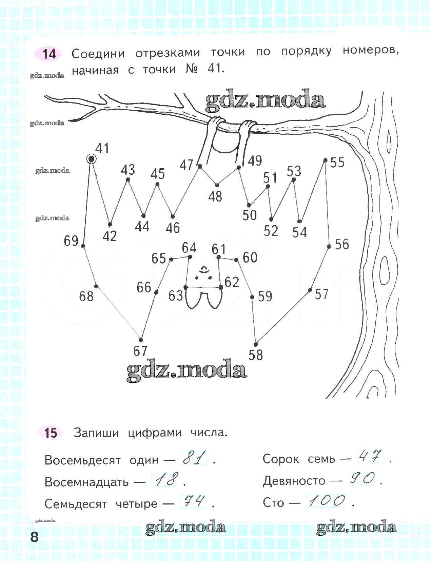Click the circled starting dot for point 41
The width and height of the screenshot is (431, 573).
click(x=91, y=159)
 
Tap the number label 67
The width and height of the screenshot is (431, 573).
click(x=140, y=351)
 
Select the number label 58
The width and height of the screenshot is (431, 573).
click(x=256, y=355)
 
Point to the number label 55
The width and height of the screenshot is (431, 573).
click(x=337, y=163)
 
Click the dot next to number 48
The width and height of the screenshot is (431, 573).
click(x=217, y=185)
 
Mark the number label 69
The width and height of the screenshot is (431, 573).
click(x=71, y=241)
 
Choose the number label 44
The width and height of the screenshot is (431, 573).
click(x=142, y=227)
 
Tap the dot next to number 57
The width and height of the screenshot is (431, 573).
click(x=310, y=290)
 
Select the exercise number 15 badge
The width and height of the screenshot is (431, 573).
click(x=51, y=433)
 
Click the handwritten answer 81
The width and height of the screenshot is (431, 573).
click(x=195, y=459)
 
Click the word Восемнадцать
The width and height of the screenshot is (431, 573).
click(x=86, y=482)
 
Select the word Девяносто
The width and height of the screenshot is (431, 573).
click(x=294, y=481)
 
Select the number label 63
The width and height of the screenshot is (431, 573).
click(x=176, y=296)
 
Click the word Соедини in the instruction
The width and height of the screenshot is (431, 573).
click(x=98, y=54)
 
